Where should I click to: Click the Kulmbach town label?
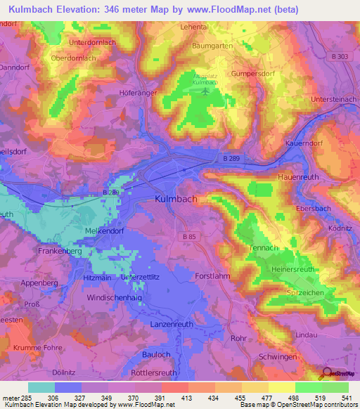[175, 200]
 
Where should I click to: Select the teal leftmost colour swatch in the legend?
[41, 387]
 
